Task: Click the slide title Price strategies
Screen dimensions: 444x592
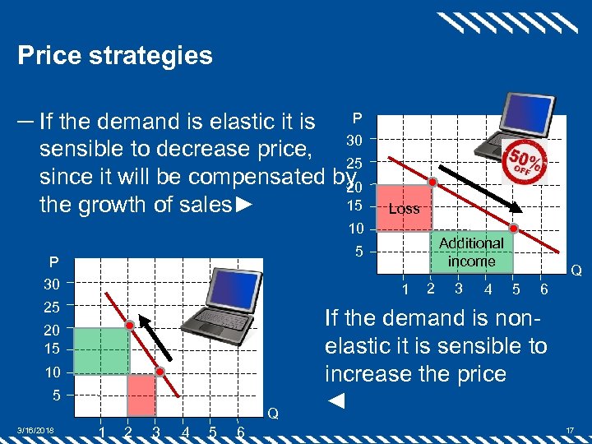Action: (115, 55)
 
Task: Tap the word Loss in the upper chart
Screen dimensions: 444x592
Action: (404, 209)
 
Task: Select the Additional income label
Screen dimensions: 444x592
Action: (471, 252)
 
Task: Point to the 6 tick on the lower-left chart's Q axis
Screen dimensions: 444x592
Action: (239, 432)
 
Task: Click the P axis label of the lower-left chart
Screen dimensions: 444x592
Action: (52, 262)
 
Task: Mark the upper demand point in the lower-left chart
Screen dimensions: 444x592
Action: (130, 326)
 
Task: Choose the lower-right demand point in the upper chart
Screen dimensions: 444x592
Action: (513, 229)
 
